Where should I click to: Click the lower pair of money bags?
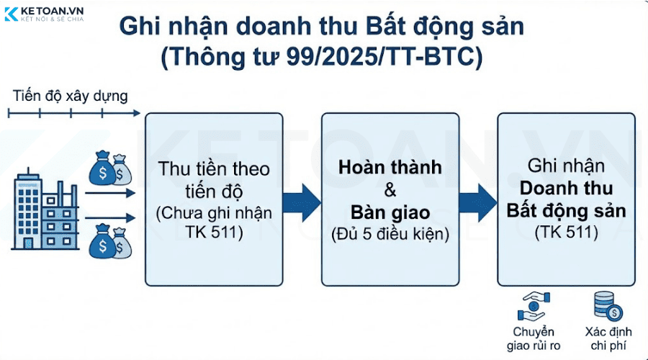pos(109,242)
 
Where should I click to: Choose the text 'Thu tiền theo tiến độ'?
pos(215,179)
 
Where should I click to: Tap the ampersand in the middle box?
pos(390,190)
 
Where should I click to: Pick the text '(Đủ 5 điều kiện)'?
pos(390,235)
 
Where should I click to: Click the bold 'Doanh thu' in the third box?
pos(566,189)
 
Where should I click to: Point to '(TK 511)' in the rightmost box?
pos(566,232)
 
